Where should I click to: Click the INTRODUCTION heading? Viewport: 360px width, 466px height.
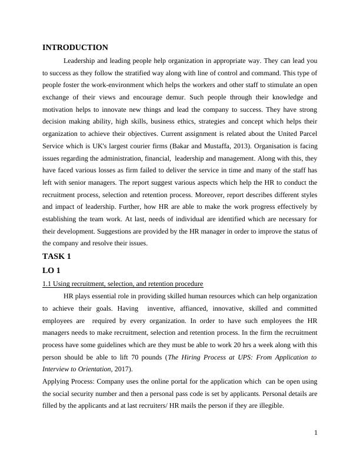pyautogui.click(x=75, y=48)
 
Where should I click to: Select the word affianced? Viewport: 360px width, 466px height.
pyautogui.click(x=185, y=308)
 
